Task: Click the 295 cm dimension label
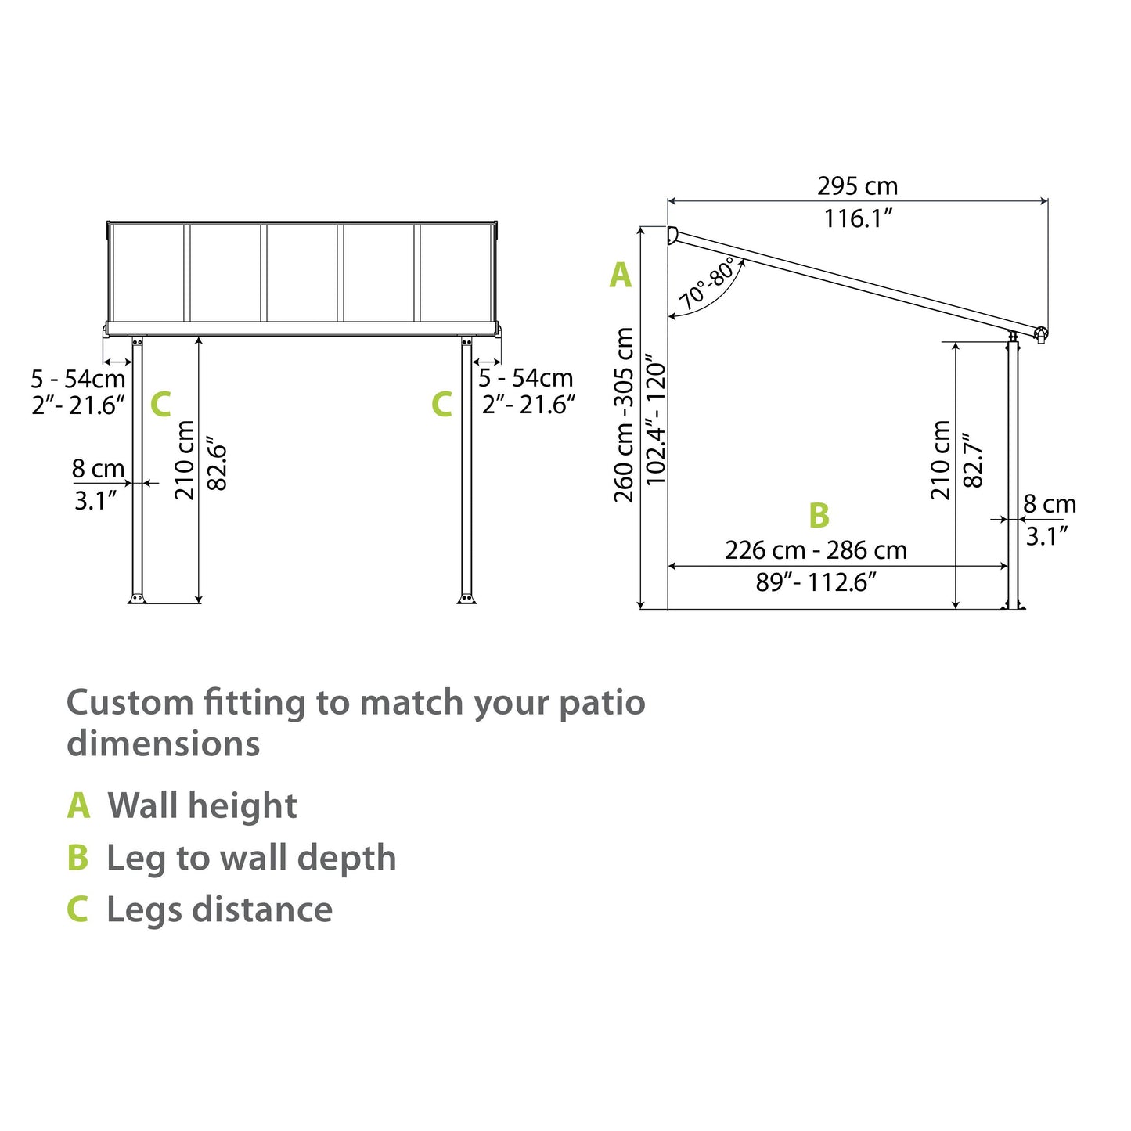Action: (857, 186)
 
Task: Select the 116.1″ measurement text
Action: (857, 218)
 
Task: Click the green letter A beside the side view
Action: (620, 276)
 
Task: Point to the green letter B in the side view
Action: (819, 516)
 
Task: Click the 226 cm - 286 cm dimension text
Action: (816, 550)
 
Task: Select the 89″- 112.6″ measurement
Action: (816, 582)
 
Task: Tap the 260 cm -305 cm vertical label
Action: (625, 415)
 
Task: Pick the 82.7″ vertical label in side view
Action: (972, 460)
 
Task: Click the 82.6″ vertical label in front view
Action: (216, 467)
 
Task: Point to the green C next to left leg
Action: (160, 405)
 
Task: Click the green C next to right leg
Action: (441, 405)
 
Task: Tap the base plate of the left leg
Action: (138, 599)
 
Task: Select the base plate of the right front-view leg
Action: (466, 599)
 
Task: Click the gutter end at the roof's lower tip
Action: (1041, 334)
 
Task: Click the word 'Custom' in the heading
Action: (129, 703)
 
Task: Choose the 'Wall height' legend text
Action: (202, 805)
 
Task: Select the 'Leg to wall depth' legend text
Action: (251, 858)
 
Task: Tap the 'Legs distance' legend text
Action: (219, 909)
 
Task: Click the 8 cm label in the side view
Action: (1050, 505)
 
